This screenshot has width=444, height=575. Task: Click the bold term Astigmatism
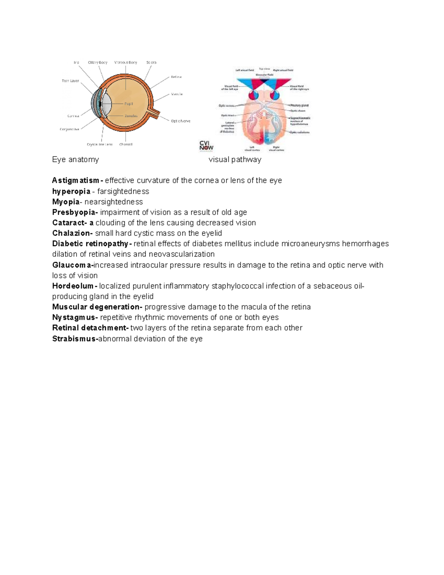point(75,181)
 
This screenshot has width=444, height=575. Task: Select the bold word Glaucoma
point(72,265)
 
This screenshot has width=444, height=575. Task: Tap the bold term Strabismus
point(74,339)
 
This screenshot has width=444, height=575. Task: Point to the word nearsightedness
point(114,202)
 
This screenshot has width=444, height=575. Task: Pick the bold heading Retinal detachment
point(90,328)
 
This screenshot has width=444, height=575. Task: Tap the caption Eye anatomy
point(75,160)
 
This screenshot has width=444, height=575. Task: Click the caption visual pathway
point(235,160)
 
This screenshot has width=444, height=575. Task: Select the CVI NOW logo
point(206,146)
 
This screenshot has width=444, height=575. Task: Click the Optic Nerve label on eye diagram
point(181,121)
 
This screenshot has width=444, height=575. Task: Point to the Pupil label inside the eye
point(128,104)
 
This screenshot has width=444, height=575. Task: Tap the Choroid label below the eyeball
point(126,144)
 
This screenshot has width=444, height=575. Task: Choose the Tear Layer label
point(70,81)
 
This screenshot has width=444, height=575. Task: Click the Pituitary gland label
point(299,106)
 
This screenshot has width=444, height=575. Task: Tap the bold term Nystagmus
point(74,318)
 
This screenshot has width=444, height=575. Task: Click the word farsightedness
point(123,191)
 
